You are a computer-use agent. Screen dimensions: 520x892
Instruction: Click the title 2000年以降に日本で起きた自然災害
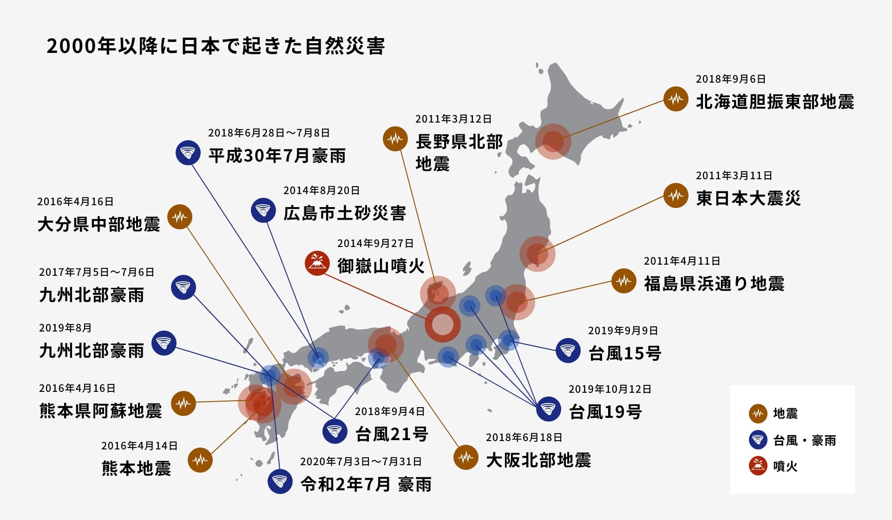click(216, 46)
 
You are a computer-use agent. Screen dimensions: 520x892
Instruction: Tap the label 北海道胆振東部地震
click(775, 102)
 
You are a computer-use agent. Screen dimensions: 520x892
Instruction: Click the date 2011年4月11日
click(682, 261)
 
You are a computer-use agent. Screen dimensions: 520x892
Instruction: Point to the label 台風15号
click(624, 353)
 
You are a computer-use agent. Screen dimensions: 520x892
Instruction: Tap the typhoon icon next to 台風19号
click(548, 409)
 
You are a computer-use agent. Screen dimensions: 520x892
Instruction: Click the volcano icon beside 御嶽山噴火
click(317, 263)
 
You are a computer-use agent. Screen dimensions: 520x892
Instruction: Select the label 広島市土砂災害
click(344, 213)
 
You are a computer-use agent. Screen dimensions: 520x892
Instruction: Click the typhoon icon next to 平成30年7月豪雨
click(188, 152)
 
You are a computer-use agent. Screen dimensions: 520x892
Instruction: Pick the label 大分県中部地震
click(98, 224)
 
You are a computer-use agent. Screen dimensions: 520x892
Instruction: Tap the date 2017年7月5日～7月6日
click(97, 272)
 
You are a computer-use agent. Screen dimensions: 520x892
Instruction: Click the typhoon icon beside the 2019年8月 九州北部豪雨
click(164, 343)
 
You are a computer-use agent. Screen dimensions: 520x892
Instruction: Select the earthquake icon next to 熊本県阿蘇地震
click(184, 403)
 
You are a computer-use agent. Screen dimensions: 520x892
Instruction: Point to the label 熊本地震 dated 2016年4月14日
click(136, 468)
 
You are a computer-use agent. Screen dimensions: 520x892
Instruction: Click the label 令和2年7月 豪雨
click(366, 484)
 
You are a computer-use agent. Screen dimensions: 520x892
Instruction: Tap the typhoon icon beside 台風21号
click(334, 431)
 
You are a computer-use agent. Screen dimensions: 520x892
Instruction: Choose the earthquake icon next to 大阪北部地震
click(466, 457)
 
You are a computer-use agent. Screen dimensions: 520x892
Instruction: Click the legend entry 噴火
click(785, 466)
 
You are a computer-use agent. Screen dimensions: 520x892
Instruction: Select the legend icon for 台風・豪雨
click(758, 440)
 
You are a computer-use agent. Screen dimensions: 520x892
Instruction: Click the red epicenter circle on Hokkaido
click(553, 141)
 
